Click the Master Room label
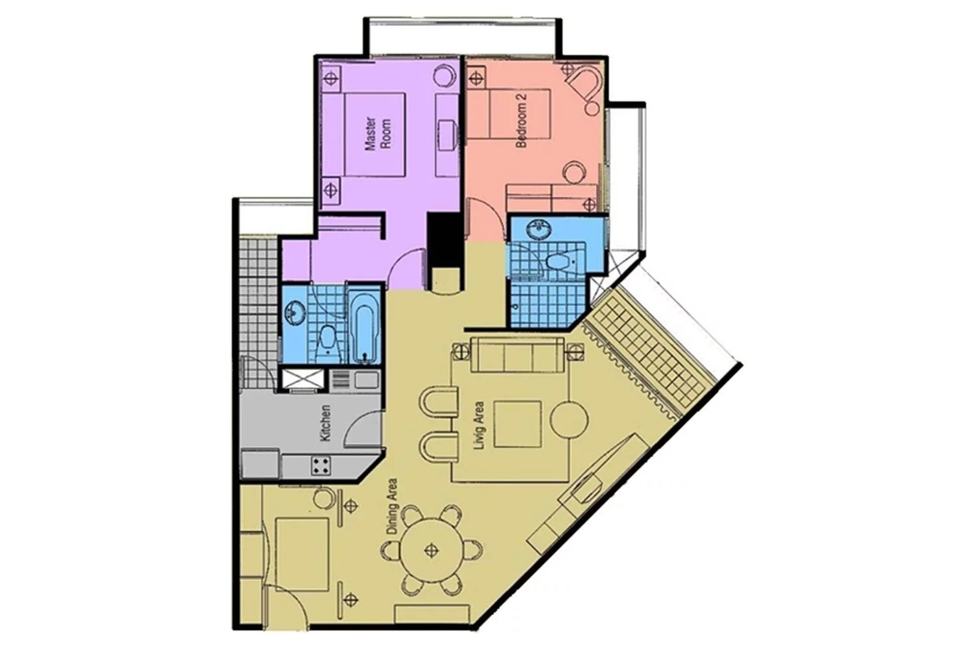[x=378, y=134]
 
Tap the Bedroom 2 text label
[x=521, y=120]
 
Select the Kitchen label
[x=326, y=422]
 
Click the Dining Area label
[x=392, y=507]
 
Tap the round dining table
[x=432, y=551]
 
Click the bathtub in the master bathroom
[x=365, y=326]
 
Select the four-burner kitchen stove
[x=321, y=465]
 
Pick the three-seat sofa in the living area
[x=518, y=355]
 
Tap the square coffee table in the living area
[x=517, y=424]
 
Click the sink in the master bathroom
[x=295, y=312]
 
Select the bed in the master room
[x=375, y=135]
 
